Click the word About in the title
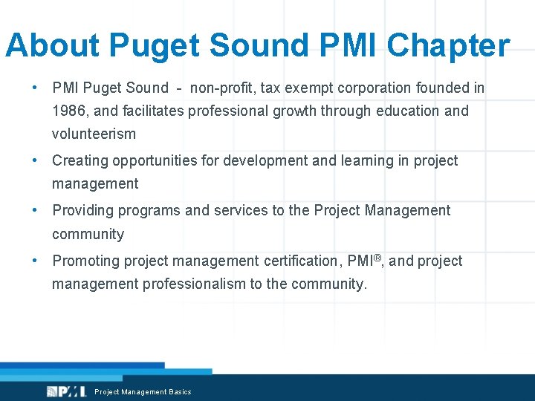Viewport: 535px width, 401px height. pyautogui.click(x=52, y=46)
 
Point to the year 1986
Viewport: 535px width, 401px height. pyautogui.click(x=69, y=111)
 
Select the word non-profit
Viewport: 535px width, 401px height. pyautogui.click(x=223, y=88)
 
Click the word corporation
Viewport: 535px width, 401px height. pyautogui.click(x=377, y=88)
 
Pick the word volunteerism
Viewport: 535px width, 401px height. pyautogui.click(x=94, y=134)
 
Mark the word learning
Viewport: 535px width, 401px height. pyautogui.click(x=361, y=160)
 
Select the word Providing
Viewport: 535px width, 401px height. pyautogui.click(x=82, y=210)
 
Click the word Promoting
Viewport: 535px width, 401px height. pyautogui.click(x=85, y=261)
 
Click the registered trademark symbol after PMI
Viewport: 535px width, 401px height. pyautogui.click(x=377, y=257)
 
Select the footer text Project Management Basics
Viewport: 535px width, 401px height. pyautogui.click(x=143, y=392)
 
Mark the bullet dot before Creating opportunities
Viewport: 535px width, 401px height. pyautogui.click(x=35, y=160)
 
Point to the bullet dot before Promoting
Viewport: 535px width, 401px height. pyautogui.click(x=35, y=261)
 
